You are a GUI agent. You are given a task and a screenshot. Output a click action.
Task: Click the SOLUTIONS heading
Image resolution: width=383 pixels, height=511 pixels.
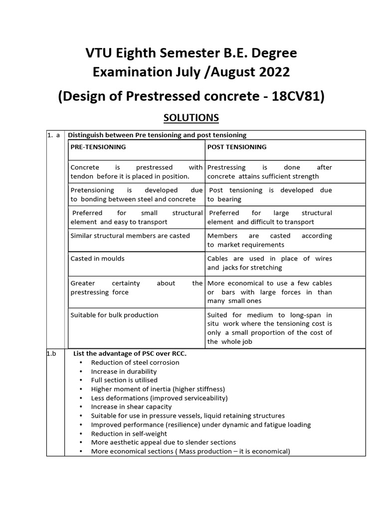[191, 118]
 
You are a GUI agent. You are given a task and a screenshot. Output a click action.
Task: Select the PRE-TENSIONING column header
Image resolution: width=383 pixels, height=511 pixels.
[98, 147]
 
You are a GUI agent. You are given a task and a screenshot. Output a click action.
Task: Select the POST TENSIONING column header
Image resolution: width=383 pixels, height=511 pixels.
[237, 147]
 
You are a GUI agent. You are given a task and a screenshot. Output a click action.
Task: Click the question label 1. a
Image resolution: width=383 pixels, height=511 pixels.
[54, 135]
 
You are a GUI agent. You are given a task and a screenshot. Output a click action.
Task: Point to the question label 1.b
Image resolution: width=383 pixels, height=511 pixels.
[52, 353]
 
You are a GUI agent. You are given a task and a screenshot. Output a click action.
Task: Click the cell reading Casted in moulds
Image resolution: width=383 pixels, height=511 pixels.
[98, 258]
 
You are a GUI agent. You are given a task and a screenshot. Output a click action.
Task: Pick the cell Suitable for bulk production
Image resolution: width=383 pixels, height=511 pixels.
[115, 315]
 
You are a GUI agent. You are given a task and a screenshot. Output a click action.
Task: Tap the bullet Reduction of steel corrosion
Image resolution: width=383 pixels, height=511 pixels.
[135, 362]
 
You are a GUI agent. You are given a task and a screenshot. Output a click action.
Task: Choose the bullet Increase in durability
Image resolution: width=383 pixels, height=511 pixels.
[124, 371]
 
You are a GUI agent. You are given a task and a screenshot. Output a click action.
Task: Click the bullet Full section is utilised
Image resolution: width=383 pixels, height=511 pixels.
[124, 380]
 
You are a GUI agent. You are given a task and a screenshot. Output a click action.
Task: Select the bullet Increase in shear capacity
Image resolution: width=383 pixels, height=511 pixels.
[131, 407]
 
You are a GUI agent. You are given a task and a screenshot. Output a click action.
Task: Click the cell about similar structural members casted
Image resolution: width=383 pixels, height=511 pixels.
[130, 236]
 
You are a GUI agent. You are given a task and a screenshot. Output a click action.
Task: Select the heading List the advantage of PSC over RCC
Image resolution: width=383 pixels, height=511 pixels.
[130, 353]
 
